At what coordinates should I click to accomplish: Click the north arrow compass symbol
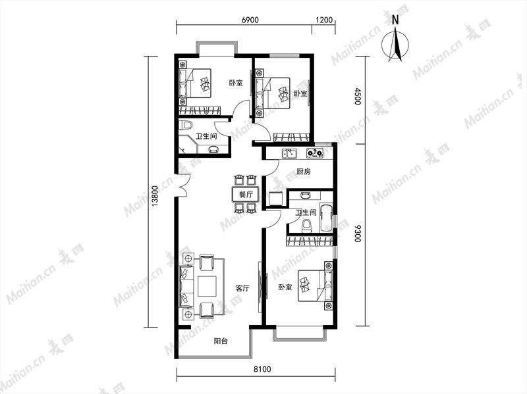click(396, 45)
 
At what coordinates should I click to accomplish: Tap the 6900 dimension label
click(250, 20)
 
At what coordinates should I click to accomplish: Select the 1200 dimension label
click(324, 20)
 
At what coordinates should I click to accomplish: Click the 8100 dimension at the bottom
click(262, 370)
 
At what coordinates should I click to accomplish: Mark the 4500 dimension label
click(357, 96)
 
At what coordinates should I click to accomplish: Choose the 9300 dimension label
click(357, 234)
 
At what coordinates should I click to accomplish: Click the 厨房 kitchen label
click(304, 172)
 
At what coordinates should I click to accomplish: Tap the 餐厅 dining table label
click(246, 195)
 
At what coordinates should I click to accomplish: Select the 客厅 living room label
click(242, 288)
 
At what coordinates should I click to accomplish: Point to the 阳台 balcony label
click(221, 341)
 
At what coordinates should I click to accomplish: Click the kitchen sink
click(289, 154)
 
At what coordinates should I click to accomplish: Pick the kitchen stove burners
click(315, 154)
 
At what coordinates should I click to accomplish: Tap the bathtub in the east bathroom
click(327, 218)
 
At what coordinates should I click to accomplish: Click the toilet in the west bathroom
click(185, 126)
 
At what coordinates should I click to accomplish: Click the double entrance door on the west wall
click(182, 185)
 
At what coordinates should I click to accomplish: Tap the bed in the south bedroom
click(316, 286)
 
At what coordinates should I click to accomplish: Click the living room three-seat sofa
click(186, 286)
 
